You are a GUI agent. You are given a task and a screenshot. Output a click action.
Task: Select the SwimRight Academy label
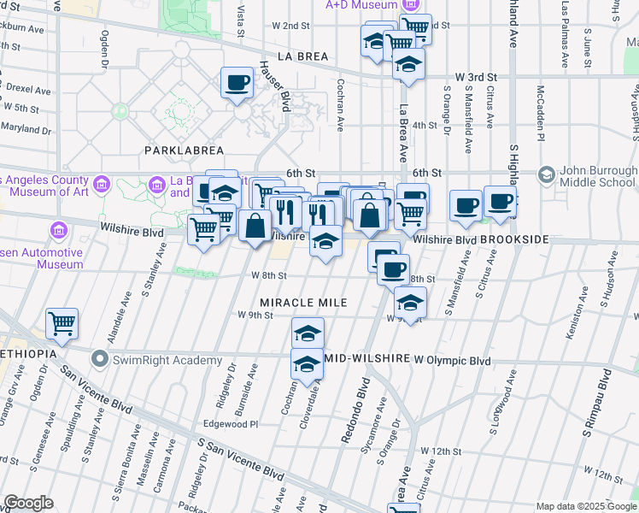[x=155, y=359]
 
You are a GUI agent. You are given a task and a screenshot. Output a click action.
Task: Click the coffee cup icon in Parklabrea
[x=237, y=84]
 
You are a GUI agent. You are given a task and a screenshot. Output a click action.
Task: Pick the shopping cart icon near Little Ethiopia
[x=62, y=323]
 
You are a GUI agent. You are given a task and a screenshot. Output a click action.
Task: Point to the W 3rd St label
[x=477, y=77]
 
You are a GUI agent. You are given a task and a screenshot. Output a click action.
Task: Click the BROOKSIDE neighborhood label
[x=513, y=240]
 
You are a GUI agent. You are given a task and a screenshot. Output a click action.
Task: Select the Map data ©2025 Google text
[x=586, y=506]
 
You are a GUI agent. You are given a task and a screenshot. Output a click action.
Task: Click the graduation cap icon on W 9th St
[x=410, y=303]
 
